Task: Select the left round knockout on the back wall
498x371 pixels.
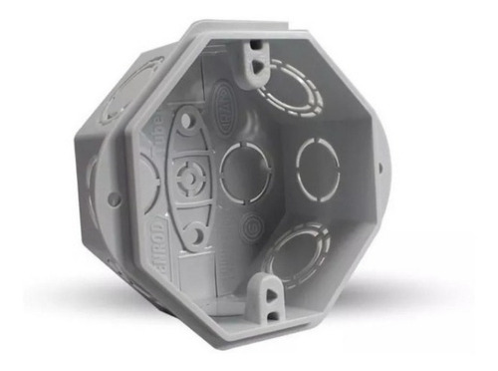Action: pyautogui.click(x=244, y=172)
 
